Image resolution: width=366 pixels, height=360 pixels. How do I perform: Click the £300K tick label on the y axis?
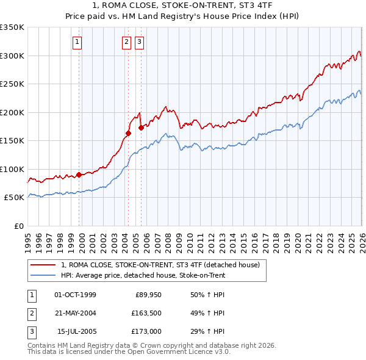coord(12,56)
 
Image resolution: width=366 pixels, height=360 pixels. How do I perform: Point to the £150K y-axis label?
coord(12,140)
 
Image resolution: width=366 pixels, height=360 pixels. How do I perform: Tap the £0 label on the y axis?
coord(18,226)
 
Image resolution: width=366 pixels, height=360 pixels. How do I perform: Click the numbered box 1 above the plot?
coord(78,42)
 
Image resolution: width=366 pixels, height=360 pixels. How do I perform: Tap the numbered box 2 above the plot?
coord(126,42)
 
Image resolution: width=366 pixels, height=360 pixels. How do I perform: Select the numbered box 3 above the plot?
coord(139,42)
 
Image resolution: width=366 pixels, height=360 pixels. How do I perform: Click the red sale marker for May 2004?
coord(129,133)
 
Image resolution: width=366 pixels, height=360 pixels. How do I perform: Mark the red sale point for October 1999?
coord(79,175)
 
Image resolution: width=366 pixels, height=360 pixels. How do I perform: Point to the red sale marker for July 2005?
coord(141,128)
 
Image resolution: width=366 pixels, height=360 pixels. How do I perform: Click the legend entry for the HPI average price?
coord(143,275)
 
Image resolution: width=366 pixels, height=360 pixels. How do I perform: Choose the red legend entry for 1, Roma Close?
coord(160,265)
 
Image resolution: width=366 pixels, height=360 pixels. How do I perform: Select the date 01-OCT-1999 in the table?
coord(75,295)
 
